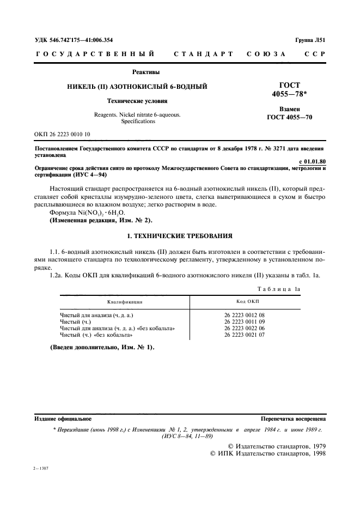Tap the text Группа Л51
point(310,40)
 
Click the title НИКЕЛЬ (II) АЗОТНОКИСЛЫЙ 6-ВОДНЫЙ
point(136,87)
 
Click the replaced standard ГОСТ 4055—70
point(289,117)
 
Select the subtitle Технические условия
point(136,101)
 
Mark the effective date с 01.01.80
point(313,161)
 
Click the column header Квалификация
point(125,301)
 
